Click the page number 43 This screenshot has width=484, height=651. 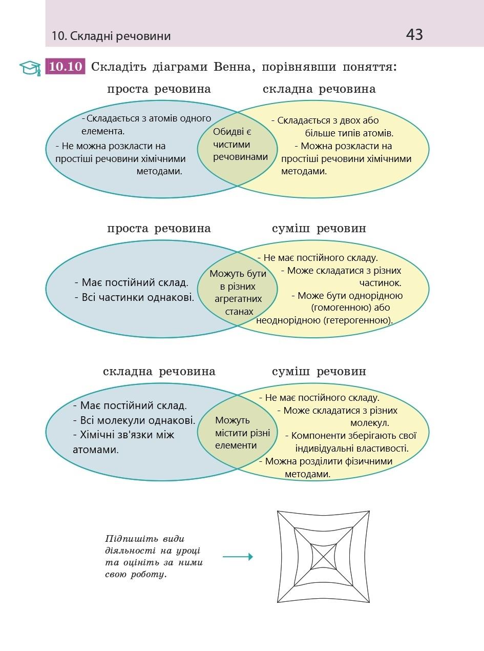click(x=414, y=34)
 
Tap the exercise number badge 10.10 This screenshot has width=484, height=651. click(x=66, y=67)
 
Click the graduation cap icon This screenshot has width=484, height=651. click(x=30, y=68)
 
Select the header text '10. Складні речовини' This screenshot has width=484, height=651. click(x=111, y=36)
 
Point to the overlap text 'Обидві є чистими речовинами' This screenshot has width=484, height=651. click(x=239, y=145)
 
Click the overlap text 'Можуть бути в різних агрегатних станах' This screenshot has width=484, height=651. click(x=238, y=292)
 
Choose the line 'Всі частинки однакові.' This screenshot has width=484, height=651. click(x=138, y=297)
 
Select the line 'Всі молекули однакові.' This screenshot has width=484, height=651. click(x=137, y=420)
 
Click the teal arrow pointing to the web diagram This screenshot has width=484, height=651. click(x=238, y=557)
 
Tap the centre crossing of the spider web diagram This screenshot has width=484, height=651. click(x=323, y=557)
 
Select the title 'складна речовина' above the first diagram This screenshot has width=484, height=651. click(x=319, y=89)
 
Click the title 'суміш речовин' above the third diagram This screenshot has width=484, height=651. click(x=319, y=372)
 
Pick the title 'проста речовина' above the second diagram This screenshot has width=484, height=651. click(x=159, y=229)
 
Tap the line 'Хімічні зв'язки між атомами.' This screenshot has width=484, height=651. click(x=123, y=442)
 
